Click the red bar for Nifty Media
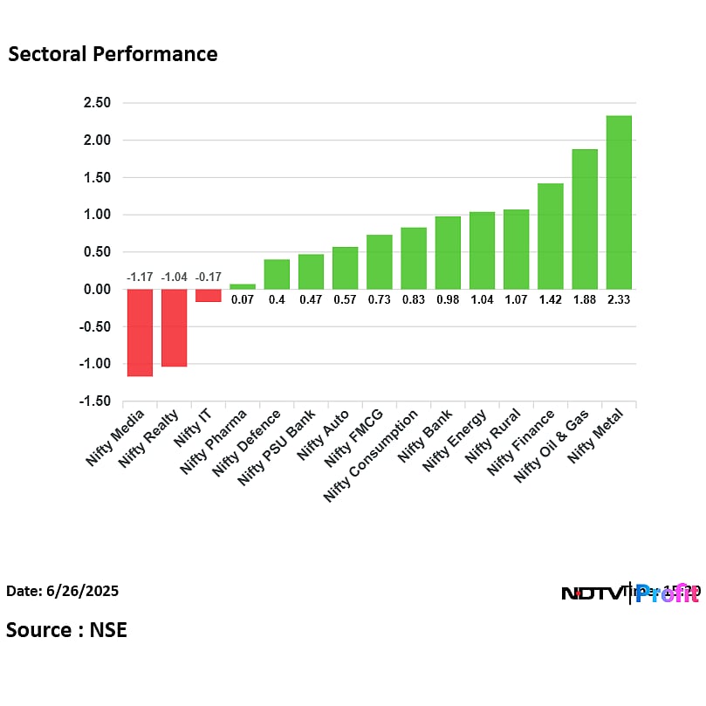pyautogui.click(x=140, y=332)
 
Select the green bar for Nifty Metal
pyautogui.click(x=619, y=202)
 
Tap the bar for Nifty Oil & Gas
pyautogui.click(x=585, y=219)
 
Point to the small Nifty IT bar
pyautogui.click(x=208, y=295)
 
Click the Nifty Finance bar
pyautogui.click(x=551, y=236)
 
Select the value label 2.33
pyautogui.click(x=619, y=299)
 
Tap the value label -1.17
pyautogui.click(x=140, y=278)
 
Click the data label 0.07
pyautogui.click(x=243, y=299)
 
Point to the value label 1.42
pyautogui.click(x=551, y=299)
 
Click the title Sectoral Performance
pyautogui.click(x=113, y=54)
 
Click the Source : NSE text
pyautogui.click(x=66, y=629)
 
